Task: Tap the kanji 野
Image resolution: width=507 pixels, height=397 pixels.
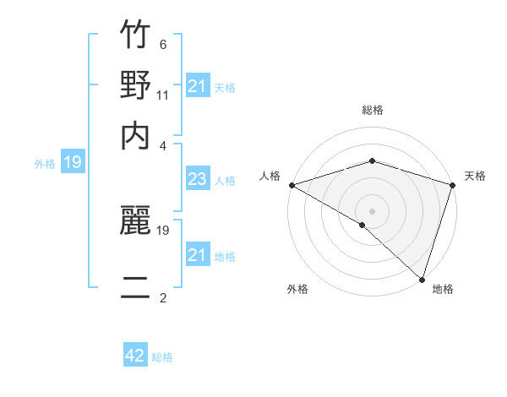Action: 135,86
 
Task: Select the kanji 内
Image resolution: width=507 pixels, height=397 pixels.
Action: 135,135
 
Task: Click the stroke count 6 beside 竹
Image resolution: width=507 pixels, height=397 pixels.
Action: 163,45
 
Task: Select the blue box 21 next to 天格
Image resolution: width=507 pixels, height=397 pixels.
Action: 197,86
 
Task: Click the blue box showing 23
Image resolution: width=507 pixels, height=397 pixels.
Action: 197,180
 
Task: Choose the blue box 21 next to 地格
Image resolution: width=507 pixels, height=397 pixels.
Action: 197,255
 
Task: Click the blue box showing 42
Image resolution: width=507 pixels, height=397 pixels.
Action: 135,356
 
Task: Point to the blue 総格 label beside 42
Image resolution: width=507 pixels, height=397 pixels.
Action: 162,357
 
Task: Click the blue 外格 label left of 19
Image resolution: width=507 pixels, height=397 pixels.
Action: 45,164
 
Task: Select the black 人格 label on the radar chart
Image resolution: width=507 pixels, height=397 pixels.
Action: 270,176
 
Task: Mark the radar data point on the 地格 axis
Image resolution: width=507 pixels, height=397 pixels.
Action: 421,280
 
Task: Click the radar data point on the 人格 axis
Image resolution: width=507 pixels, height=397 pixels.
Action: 292,185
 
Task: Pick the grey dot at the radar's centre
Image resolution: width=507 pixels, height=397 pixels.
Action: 372,209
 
